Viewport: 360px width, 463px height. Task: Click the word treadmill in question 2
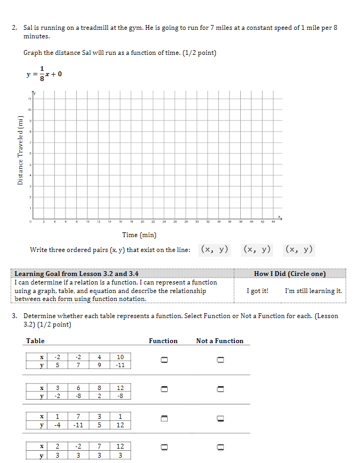click(94, 28)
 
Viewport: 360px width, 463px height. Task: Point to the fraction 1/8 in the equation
click(41, 74)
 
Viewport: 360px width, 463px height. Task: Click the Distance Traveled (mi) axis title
click(20, 150)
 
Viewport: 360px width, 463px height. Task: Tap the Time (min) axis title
click(140, 235)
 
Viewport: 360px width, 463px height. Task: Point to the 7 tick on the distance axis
click(31, 142)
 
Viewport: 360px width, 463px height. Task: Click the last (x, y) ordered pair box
click(299, 249)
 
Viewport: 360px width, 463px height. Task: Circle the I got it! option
click(258, 291)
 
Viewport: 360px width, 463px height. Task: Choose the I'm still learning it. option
click(313, 291)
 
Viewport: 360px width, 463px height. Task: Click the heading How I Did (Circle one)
click(290, 274)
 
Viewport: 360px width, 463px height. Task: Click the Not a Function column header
click(219, 341)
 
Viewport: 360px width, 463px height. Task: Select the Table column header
click(35, 341)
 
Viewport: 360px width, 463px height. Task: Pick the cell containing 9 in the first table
click(99, 365)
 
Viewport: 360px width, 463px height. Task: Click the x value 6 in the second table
click(78, 388)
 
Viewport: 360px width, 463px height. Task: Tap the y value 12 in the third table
click(120, 425)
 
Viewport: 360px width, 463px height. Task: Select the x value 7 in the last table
click(99, 446)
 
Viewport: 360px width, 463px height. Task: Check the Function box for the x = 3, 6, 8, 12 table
click(165, 392)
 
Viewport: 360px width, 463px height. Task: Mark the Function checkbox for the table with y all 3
click(165, 449)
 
